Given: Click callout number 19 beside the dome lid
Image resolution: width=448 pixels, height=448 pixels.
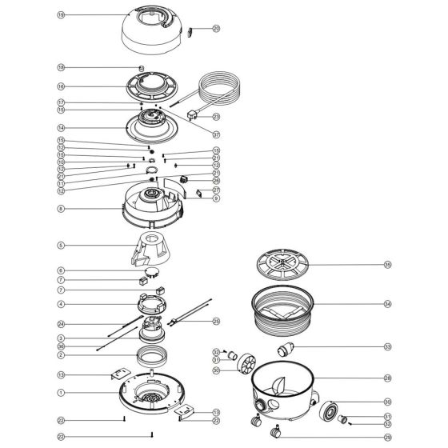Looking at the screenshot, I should pyautogui.click(x=61, y=15).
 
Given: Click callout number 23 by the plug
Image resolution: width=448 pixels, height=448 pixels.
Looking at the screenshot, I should pyautogui.click(x=216, y=117).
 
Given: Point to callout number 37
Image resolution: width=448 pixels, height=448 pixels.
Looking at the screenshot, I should pyautogui.click(x=216, y=134).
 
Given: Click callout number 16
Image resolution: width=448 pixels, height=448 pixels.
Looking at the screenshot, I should pyautogui.click(x=61, y=86).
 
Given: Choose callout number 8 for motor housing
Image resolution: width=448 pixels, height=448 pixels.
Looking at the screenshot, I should pyautogui.click(x=61, y=208).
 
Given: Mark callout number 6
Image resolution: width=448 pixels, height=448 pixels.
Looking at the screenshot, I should pyautogui.click(x=61, y=270).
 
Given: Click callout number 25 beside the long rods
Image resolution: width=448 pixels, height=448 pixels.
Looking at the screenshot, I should pyautogui.click(x=216, y=322).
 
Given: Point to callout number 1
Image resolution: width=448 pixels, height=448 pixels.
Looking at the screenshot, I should pyautogui.click(x=61, y=393).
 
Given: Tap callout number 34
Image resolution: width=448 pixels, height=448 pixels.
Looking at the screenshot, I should pyautogui.click(x=387, y=304).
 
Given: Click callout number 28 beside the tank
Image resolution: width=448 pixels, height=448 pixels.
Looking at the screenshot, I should pyautogui.click(x=387, y=378).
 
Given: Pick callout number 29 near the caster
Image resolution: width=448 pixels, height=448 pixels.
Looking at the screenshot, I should pyautogui.click(x=387, y=437).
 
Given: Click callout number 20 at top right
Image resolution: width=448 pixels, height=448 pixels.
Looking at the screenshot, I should pyautogui.click(x=216, y=29).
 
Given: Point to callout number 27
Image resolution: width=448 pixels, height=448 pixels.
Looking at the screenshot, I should pyautogui.click(x=216, y=190).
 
